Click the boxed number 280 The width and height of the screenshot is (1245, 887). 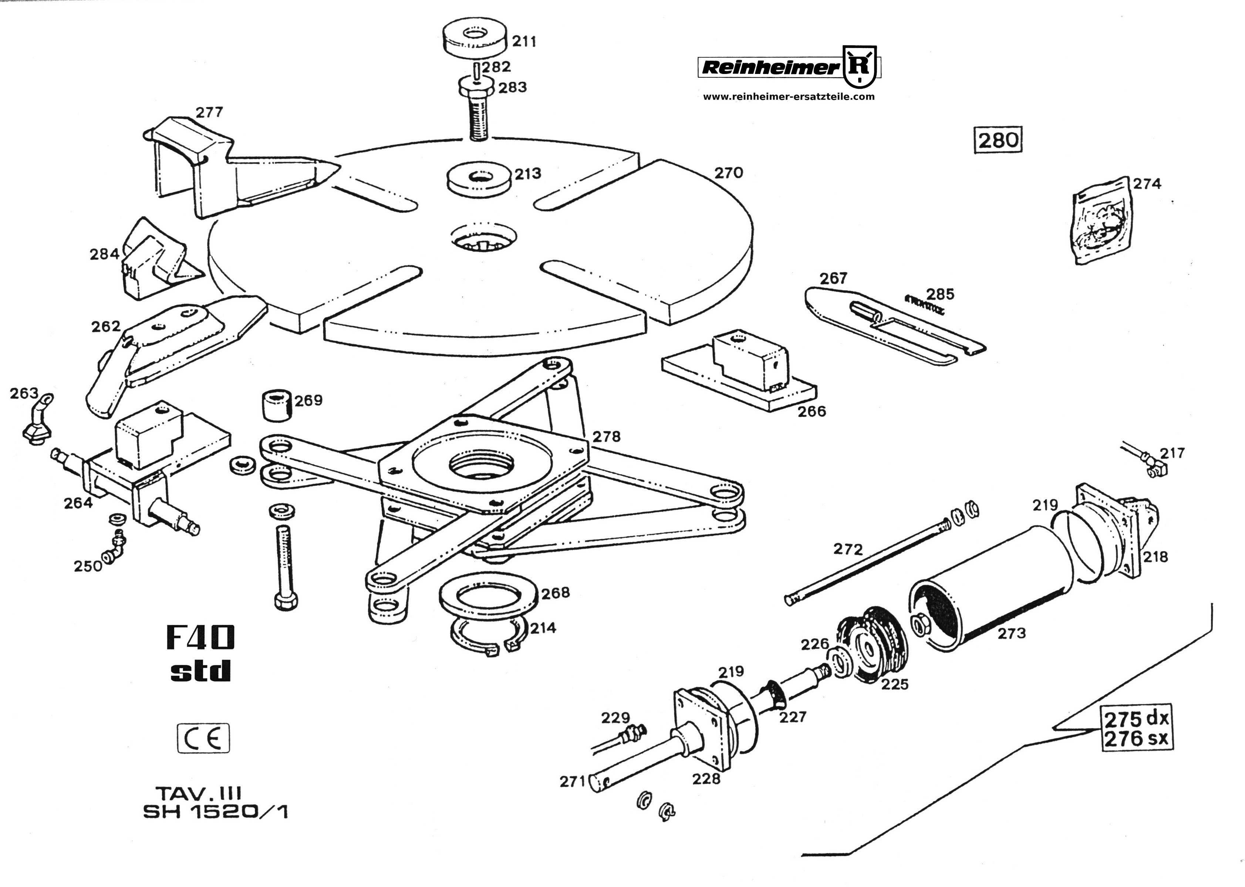pyautogui.click(x=998, y=140)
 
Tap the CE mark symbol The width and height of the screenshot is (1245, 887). pyautogui.click(x=203, y=738)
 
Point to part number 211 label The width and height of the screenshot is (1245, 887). pyautogui.click(x=524, y=41)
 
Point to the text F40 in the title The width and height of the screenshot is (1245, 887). pyautogui.click(x=200, y=637)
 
